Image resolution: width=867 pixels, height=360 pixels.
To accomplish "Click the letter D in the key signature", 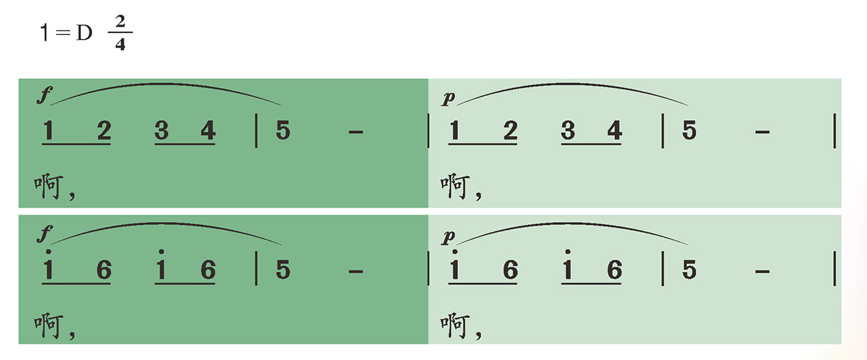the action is point(84,33).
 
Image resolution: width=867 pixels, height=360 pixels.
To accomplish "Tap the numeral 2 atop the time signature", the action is point(121,21).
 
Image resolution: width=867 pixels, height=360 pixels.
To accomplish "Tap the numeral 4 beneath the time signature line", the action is point(121,44).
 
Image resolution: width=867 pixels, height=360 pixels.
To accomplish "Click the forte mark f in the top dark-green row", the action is point(45,95).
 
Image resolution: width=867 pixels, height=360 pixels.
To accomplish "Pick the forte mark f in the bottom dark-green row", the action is point(45,233).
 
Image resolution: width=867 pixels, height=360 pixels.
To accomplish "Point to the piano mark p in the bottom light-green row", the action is point(448,236).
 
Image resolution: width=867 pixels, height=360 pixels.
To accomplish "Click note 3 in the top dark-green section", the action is point(161,130).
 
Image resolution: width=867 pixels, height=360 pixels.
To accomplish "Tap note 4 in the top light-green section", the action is point(615,130).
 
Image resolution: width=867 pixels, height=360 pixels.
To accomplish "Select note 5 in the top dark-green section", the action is point(283,130).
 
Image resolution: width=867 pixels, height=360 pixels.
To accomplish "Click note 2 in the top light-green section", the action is point(511,130).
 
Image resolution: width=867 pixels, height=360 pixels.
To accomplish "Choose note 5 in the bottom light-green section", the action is point(689,270).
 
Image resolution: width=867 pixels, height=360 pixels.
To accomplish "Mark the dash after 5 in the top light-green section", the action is point(762,133).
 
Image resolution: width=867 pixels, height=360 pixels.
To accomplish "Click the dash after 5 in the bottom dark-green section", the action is point(355,272).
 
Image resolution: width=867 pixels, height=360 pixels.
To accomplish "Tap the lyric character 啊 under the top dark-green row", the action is point(48,187).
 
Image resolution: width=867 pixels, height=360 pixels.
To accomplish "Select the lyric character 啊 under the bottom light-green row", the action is point(454,325).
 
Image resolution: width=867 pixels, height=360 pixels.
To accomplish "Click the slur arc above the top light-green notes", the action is point(572,84).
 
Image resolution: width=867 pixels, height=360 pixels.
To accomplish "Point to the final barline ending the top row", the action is point(834,131).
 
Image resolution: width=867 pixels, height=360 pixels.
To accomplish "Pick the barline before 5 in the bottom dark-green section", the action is point(256,269).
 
